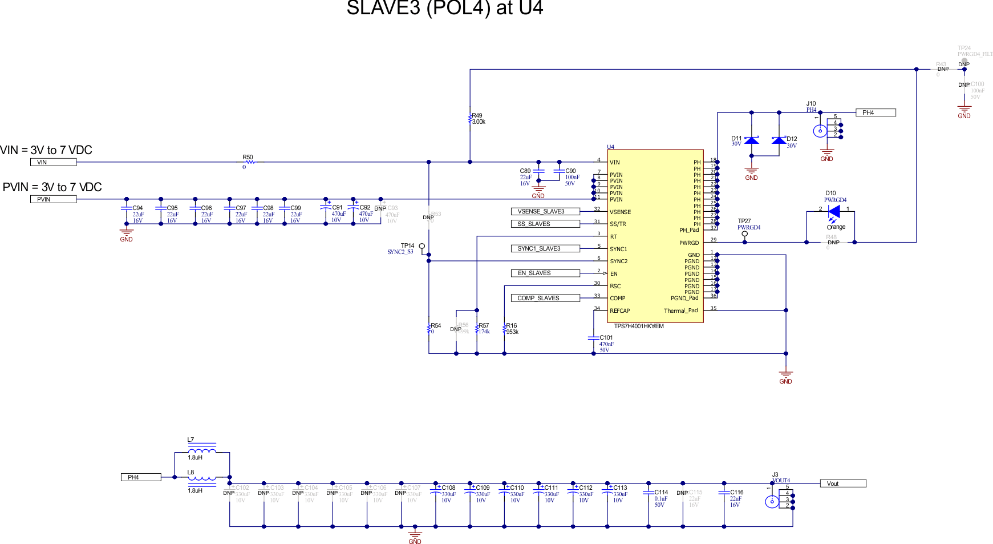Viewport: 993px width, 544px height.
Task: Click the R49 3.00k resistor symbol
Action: pyautogui.click(x=470, y=119)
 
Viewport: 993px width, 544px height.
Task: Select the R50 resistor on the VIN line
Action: pyautogui.click(x=250, y=162)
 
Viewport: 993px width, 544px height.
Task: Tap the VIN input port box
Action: pyautogui.click(x=53, y=162)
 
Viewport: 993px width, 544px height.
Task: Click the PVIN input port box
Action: pyautogui.click(x=53, y=199)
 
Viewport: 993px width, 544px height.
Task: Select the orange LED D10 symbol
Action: pyautogui.click(x=834, y=211)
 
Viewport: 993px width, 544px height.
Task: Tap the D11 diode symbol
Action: pyautogui.click(x=752, y=140)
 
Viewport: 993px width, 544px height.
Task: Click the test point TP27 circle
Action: pyautogui.click(x=744, y=234)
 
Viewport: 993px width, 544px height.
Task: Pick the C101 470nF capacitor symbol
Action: pyautogui.click(x=593, y=338)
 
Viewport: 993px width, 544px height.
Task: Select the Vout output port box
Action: pyautogui.click(x=842, y=483)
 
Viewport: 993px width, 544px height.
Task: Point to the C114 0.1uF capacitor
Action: pyautogui.click(x=649, y=492)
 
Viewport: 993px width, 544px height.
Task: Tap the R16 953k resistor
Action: pyautogui.click(x=504, y=329)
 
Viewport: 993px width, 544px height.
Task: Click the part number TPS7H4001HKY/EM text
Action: pyautogui.click(x=638, y=327)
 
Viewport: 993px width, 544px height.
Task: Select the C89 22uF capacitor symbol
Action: pyautogui.click(x=538, y=171)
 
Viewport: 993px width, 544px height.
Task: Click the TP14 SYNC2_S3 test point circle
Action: pyautogui.click(x=422, y=246)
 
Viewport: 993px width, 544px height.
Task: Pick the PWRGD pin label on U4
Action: pyautogui.click(x=688, y=243)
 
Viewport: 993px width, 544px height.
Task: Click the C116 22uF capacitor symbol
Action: pyautogui.click(x=724, y=492)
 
